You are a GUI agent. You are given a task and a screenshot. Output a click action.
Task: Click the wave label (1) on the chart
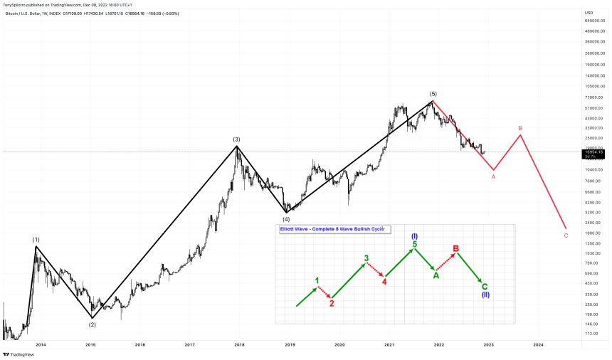[x=36, y=240]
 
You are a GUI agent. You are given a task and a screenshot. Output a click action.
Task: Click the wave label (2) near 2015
[x=93, y=324]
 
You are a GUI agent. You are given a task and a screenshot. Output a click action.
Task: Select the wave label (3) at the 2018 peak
[x=236, y=139]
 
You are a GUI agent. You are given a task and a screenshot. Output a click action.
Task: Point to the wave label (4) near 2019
[x=286, y=219]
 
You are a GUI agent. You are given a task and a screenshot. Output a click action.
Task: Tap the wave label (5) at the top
[x=433, y=94]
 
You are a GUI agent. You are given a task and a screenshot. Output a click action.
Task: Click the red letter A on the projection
[x=493, y=177]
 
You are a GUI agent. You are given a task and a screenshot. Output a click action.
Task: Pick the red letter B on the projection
[x=520, y=128]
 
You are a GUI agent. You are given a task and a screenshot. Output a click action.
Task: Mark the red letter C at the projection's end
[x=566, y=235]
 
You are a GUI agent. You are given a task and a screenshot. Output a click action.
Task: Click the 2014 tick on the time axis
[x=41, y=344]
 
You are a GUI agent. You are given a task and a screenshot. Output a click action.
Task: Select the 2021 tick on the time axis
[x=389, y=344]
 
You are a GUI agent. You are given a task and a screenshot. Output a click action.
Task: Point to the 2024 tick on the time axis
[x=538, y=344]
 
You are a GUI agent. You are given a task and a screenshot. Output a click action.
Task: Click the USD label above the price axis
[x=589, y=13]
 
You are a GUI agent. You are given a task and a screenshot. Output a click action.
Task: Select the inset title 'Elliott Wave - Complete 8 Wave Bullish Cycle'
[x=332, y=230]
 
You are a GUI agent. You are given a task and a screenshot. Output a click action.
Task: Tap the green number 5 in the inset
[x=415, y=245]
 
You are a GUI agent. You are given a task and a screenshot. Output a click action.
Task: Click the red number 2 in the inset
[x=332, y=302]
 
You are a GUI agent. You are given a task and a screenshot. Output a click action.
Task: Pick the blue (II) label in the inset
[x=485, y=295]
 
